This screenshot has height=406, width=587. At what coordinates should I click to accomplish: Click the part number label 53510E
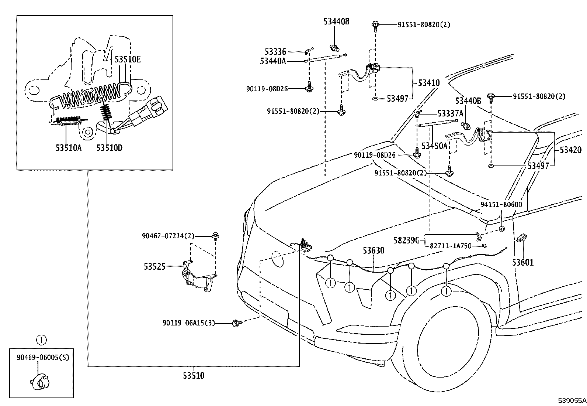tap(127, 59)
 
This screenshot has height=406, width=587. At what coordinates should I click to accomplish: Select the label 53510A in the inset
tap(68, 148)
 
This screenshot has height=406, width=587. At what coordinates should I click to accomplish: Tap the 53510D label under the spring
tap(109, 148)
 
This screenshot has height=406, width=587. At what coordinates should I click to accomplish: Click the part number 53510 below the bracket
tap(194, 376)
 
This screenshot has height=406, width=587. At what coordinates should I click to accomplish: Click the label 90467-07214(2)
tap(168, 236)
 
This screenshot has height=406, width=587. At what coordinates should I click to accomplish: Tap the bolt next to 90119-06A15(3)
tap(236, 323)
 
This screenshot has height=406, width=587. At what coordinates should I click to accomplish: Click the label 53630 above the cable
tap(373, 251)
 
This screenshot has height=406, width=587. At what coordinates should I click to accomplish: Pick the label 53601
tap(522, 263)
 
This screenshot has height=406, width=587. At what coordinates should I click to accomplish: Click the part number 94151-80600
tap(501, 204)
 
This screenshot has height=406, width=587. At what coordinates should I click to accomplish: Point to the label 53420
tap(570, 150)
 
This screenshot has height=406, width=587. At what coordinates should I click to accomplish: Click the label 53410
tap(429, 83)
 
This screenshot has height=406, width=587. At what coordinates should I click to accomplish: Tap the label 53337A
tap(450, 113)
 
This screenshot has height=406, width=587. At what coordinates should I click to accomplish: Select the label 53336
tap(275, 52)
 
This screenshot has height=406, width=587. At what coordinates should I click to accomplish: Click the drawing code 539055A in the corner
tap(572, 400)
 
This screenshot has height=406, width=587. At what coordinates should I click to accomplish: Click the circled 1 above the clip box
tap(42, 339)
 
